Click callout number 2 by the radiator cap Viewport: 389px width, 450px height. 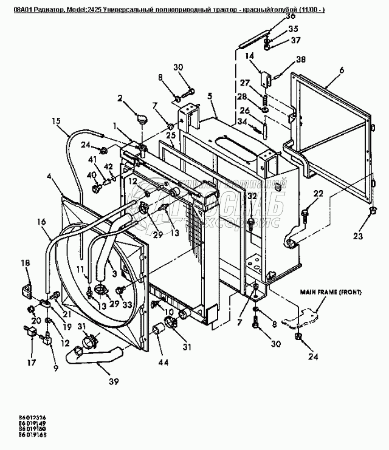(x=120, y=97)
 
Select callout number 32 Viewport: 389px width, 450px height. (x=252, y=196)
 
